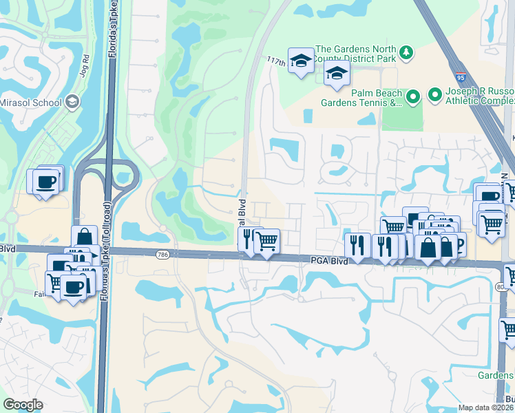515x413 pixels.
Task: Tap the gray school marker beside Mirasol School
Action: coord(72,102)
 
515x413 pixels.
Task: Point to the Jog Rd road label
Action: coord(86,68)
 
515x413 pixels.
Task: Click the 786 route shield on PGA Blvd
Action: coord(162,255)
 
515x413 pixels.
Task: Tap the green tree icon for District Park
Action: coord(406,52)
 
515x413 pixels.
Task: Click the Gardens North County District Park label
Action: coord(355,55)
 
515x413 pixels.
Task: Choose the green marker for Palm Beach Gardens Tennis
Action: coord(412,97)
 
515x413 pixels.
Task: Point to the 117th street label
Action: coord(276,62)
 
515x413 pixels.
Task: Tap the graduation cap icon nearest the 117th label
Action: coord(301,61)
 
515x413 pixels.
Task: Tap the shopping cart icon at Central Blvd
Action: coord(266,241)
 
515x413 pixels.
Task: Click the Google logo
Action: coord(23,405)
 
